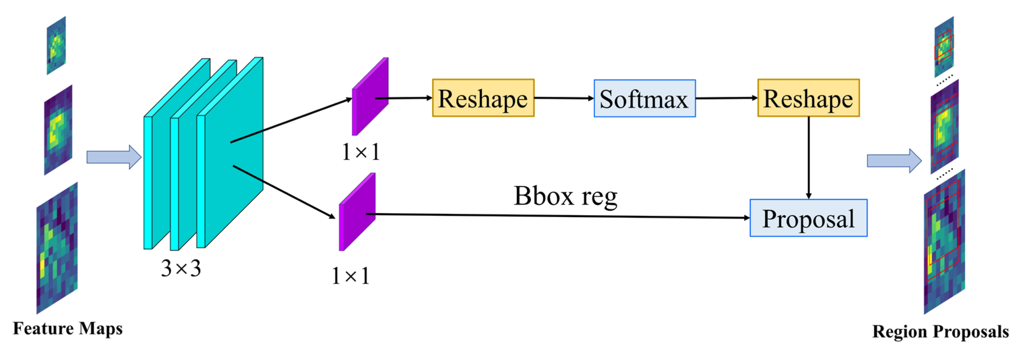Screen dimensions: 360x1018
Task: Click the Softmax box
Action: [x=644, y=98]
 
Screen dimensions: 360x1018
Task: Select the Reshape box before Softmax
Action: [x=483, y=98]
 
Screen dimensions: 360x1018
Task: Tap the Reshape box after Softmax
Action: [x=808, y=98]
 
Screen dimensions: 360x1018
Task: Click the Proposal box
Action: [x=808, y=218]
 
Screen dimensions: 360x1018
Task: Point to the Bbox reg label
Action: [x=565, y=196]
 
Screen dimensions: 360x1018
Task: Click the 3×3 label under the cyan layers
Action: [x=181, y=268]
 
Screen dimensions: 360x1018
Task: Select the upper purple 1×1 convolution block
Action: [x=370, y=97]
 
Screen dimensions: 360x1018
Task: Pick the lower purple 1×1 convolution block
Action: [x=357, y=212]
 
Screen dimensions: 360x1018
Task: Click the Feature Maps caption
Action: [x=68, y=328]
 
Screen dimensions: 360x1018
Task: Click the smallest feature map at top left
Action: [x=56, y=46]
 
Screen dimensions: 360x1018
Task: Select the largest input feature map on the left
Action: [x=57, y=248]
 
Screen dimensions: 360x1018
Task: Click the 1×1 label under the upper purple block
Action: [x=361, y=152]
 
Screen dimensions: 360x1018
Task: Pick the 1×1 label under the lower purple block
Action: [x=351, y=276]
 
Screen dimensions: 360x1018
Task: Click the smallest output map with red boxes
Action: [x=944, y=46]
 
